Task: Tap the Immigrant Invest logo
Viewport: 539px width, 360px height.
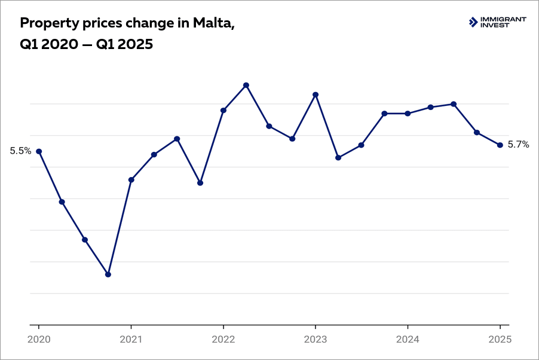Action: click(497, 22)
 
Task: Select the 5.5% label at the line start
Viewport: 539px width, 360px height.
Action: click(20, 151)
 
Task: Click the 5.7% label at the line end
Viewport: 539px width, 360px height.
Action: click(518, 145)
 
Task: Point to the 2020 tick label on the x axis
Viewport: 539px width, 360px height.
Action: click(39, 338)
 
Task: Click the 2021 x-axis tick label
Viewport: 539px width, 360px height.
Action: click(131, 338)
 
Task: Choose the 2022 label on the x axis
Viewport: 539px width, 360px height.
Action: click(223, 338)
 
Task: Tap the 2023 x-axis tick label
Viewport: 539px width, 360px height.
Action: click(315, 338)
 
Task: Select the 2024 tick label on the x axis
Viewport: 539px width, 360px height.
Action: click(408, 338)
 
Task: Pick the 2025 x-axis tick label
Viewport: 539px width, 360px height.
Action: click(500, 338)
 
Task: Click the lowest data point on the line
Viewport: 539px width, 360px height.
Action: click(108, 274)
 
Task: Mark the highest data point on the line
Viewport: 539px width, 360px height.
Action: click(246, 86)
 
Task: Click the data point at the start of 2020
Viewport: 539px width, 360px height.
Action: click(39, 151)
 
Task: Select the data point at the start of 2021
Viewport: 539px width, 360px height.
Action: click(131, 179)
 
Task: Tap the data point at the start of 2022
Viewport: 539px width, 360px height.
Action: click(223, 111)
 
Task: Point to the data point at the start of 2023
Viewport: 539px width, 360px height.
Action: click(316, 94)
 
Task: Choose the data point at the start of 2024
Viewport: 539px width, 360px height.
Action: click(408, 114)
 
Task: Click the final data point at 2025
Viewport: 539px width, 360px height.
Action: click(500, 145)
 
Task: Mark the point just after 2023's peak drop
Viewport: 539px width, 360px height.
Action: click(338, 158)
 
